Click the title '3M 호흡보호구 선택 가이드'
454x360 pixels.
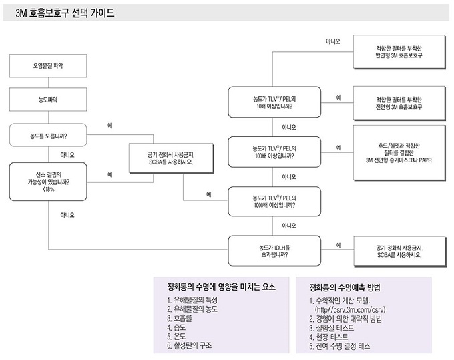click(x=65, y=13)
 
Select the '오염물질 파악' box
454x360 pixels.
click(x=48, y=66)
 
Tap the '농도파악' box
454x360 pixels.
click(x=48, y=100)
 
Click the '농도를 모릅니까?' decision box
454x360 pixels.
click(x=48, y=136)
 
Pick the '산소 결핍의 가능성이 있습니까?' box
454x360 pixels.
click(x=48, y=182)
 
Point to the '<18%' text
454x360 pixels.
click(x=48, y=190)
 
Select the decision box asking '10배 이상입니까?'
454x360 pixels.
click(x=274, y=102)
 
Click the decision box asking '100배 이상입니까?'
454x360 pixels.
click(x=274, y=152)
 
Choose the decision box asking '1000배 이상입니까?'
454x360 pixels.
click(x=274, y=202)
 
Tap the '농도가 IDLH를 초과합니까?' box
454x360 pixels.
click(x=274, y=251)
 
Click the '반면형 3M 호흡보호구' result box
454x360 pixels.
click(x=399, y=52)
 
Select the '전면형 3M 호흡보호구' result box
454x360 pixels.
click(x=399, y=104)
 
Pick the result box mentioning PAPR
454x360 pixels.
click(x=399, y=153)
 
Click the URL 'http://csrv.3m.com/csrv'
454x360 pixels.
click(x=351, y=310)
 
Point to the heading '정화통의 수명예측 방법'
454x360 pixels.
click(x=345, y=288)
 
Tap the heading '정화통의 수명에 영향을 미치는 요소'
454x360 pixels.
click(x=222, y=287)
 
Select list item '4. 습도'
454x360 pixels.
click(x=176, y=327)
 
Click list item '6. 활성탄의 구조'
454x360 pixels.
click(x=190, y=345)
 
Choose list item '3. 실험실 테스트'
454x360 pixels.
click(x=332, y=328)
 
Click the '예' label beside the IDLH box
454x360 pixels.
click(x=338, y=245)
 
